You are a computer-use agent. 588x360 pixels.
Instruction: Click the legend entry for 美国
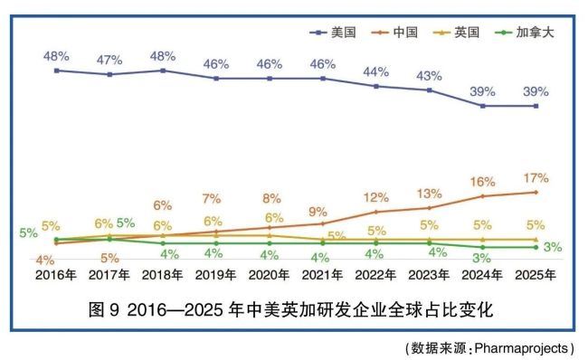(333, 33)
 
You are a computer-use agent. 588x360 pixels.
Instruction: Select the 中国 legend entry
(394, 33)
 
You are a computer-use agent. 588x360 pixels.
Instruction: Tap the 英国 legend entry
(456, 33)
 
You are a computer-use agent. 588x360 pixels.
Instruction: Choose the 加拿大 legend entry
(525, 33)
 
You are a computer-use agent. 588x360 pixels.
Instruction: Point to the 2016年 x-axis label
(56, 275)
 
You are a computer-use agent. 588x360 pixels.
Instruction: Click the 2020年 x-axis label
(269, 275)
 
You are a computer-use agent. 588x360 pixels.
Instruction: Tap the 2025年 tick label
(536, 275)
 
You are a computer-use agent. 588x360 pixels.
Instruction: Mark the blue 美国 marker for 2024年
(483, 106)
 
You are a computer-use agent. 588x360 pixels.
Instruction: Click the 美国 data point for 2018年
(163, 71)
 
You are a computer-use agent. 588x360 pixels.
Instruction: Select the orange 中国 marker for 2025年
(536, 193)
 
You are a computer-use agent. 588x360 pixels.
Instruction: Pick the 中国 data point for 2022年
(376, 212)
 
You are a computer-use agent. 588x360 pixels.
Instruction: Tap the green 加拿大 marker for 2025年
(536, 247)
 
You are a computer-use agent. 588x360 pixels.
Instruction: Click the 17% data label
(536, 178)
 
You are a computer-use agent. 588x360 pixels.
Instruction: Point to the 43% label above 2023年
(429, 76)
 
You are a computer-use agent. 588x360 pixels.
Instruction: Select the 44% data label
(375, 71)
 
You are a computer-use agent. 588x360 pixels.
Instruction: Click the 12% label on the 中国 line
(376, 197)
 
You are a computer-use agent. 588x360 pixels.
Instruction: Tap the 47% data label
(109, 60)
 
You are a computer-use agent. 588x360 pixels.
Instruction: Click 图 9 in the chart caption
(104, 309)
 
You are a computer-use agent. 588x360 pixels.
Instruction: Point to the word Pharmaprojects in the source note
(521, 348)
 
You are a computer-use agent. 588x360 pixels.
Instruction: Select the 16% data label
(483, 182)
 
